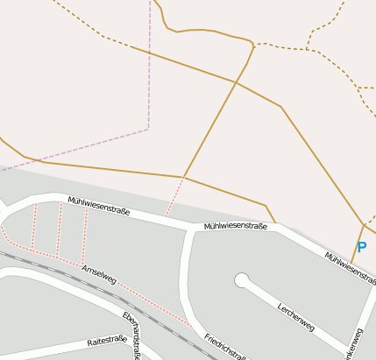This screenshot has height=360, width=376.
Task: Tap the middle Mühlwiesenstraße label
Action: [235, 226]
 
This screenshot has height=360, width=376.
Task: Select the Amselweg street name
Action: [98, 275]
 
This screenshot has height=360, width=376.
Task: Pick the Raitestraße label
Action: [107, 341]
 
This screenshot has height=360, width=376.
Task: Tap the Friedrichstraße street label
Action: [224, 347]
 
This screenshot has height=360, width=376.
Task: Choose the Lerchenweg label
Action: [295, 316]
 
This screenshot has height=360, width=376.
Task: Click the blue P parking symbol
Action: [361, 248]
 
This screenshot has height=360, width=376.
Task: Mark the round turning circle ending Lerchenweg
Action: [242, 280]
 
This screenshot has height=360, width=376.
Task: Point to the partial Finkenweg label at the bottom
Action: [355, 346]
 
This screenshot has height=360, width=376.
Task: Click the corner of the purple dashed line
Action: [148, 128]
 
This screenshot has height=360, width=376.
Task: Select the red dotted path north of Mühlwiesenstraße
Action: [174, 197]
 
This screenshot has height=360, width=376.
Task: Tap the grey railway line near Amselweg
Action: [53, 266]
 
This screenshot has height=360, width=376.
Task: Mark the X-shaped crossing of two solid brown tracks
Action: [235, 82]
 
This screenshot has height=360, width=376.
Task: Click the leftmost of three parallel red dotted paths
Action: [34, 227]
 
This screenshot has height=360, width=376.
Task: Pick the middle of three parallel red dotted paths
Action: [60, 229]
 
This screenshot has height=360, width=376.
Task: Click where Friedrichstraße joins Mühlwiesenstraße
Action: [189, 230]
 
